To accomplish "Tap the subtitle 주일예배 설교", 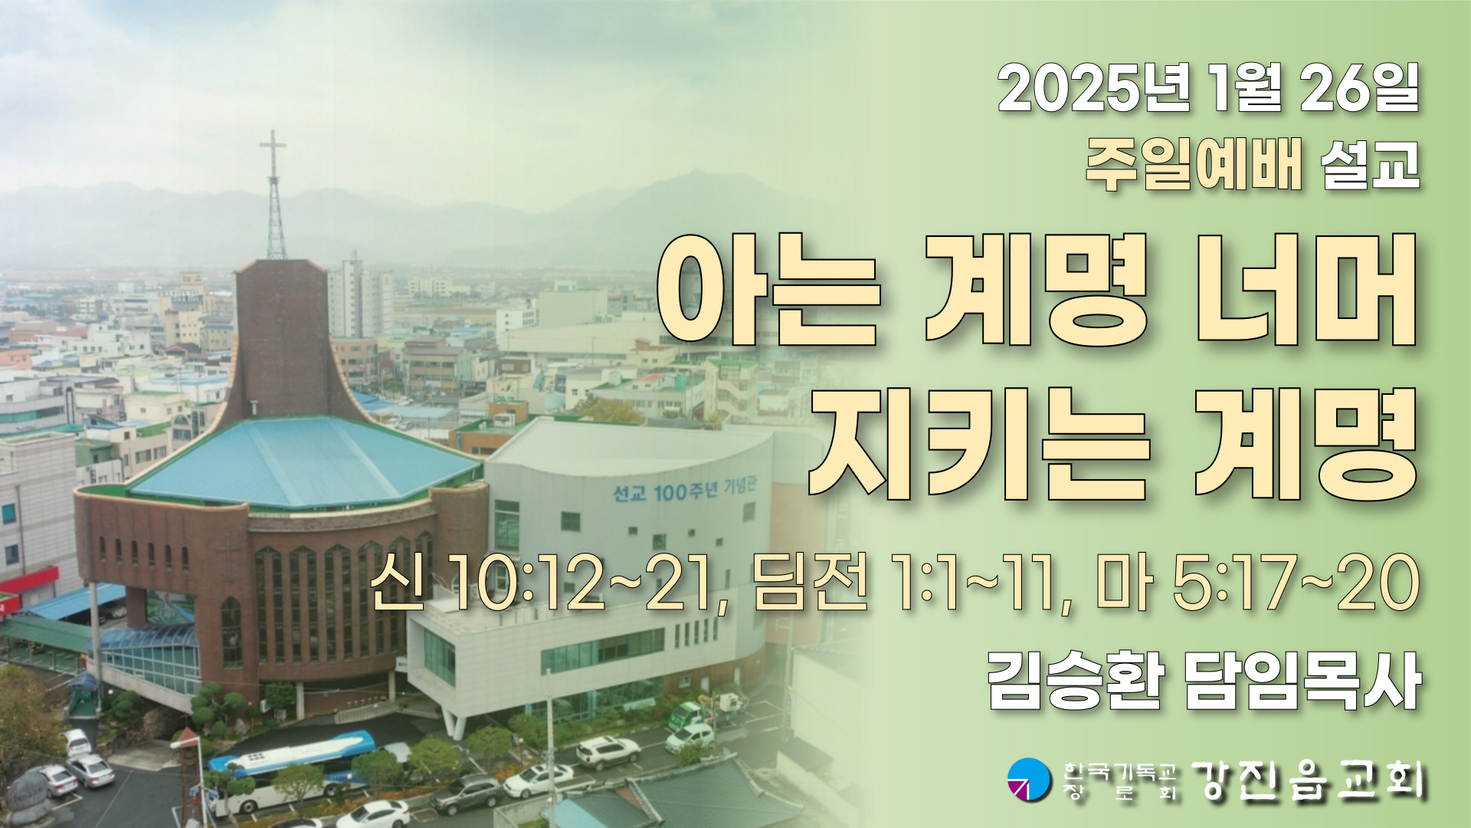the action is click(1253, 166).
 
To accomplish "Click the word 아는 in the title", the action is click(768, 289).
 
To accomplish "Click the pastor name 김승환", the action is click(1076, 681).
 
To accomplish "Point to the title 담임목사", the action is click(1302, 681).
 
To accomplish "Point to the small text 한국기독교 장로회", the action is click(1119, 780).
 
